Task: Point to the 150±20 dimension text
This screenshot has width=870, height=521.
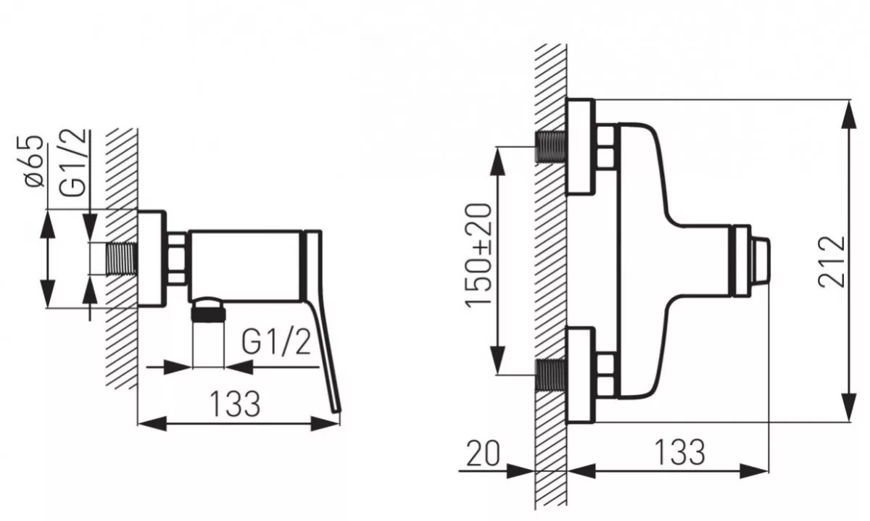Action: (480, 256)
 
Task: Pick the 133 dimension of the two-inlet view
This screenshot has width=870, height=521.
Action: (679, 452)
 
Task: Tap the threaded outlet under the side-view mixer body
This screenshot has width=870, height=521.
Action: (209, 312)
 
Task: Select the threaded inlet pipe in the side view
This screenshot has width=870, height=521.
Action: (121, 259)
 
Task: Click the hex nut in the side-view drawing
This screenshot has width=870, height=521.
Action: (178, 259)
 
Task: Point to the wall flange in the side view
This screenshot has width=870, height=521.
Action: (152, 259)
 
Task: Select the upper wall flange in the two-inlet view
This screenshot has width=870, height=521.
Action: (581, 148)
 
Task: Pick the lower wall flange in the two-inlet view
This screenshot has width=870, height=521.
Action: (581, 375)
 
